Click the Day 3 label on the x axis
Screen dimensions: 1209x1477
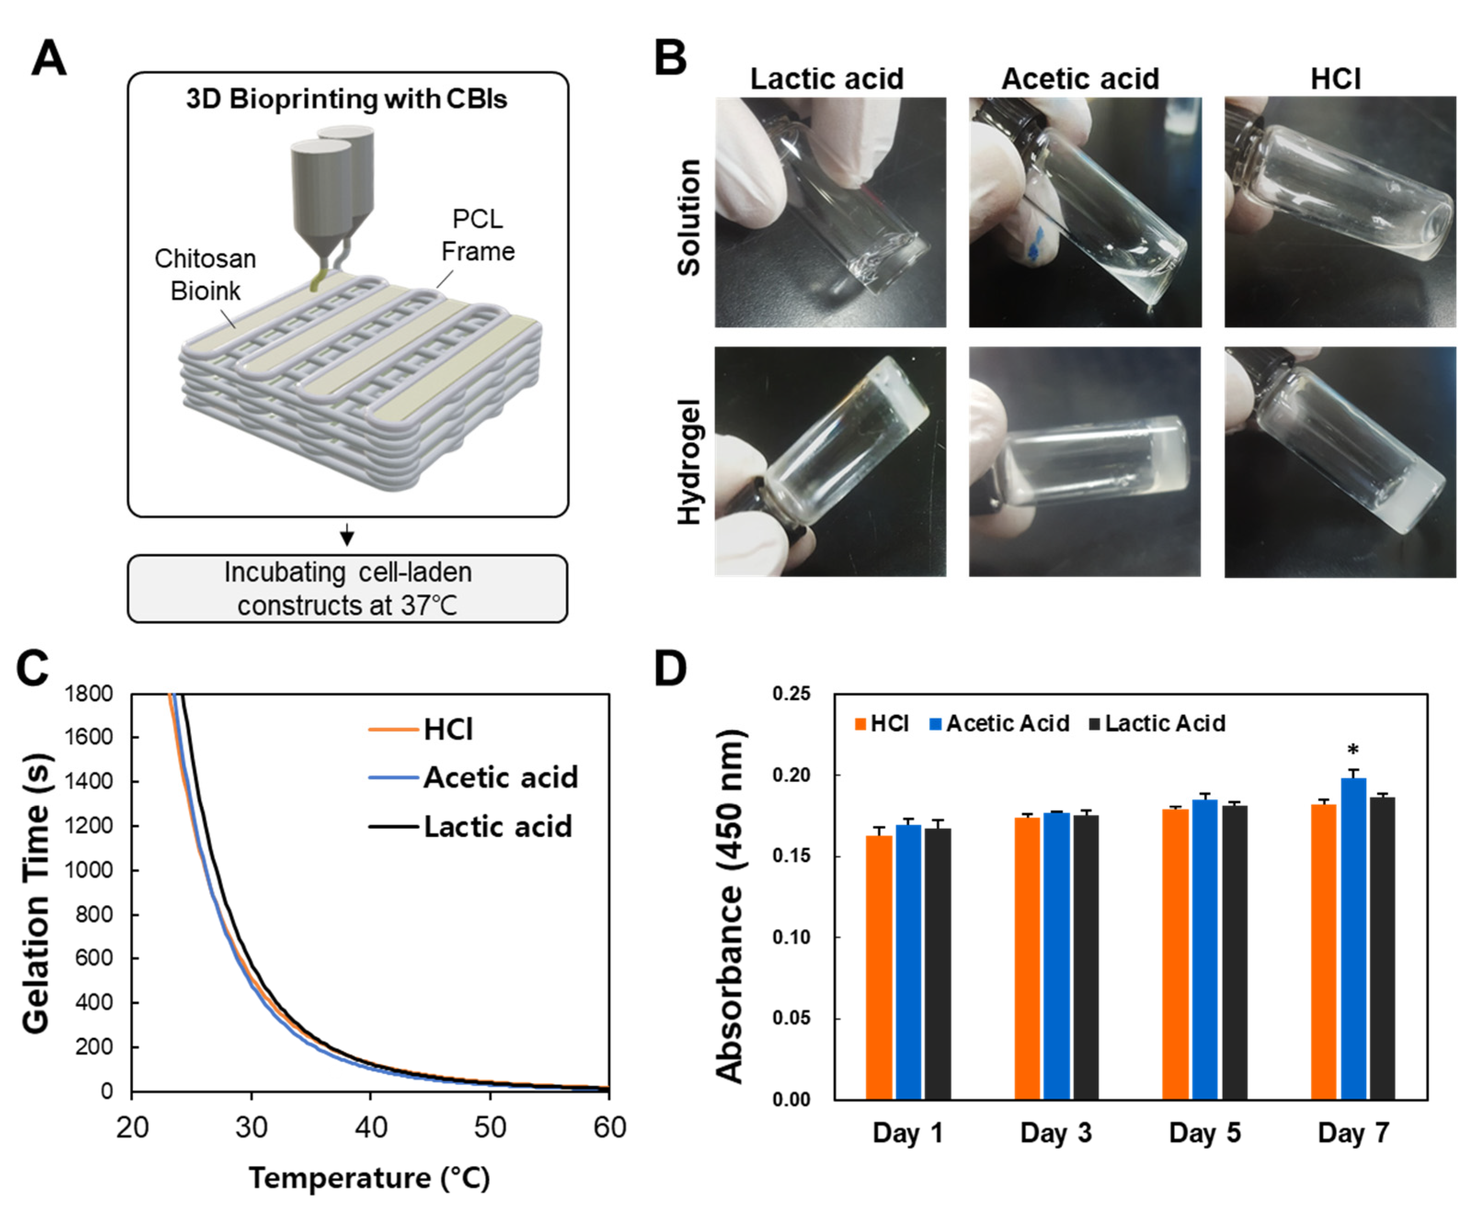pyautogui.click(x=1056, y=1133)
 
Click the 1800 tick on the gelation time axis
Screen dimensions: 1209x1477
pyautogui.click(x=88, y=694)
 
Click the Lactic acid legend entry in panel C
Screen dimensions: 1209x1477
pyautogui.click(x=497, y=827)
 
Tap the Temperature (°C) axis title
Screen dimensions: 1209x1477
pyautogui.click(x=370, y=1178)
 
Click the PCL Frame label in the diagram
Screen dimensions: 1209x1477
pyautogui.click(x=478, y=235)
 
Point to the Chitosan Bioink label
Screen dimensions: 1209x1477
pyautogui.click(x=205, y=274)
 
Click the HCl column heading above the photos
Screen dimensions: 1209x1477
pyautogui.click(x=1335, y=79)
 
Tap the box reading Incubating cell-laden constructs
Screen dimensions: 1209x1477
pyautogui.click(x=348, y=588)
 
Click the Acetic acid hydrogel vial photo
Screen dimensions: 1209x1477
pyautogui.click(x=1085, y=462)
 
